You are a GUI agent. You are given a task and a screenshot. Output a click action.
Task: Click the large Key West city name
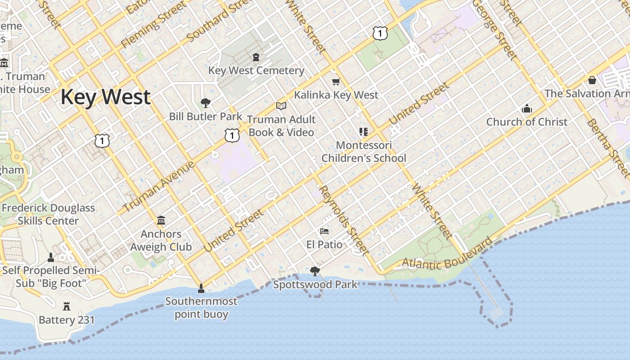105,97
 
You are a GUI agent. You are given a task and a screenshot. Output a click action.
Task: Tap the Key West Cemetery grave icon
256,57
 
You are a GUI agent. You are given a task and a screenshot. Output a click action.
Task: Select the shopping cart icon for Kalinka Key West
336,81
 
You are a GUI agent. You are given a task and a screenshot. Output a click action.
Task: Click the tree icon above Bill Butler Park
206,103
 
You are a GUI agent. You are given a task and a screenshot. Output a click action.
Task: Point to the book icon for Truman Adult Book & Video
281,106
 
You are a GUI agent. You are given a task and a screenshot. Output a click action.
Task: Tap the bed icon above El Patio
324,231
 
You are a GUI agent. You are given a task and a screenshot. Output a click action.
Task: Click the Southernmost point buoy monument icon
201,288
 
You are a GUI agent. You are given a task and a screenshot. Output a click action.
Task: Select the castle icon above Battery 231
67,306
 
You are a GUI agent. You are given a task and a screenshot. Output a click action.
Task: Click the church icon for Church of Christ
526,108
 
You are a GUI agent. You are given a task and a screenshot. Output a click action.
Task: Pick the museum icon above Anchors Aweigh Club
161,220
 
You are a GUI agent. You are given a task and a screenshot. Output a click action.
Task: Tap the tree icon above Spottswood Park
315,271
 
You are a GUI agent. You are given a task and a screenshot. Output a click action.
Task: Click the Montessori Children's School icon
364,132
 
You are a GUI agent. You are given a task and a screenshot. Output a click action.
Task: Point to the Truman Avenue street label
158,186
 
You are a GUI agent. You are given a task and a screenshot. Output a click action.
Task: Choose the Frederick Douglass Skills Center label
48,214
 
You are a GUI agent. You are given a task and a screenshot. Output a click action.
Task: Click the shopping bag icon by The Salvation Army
592,80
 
